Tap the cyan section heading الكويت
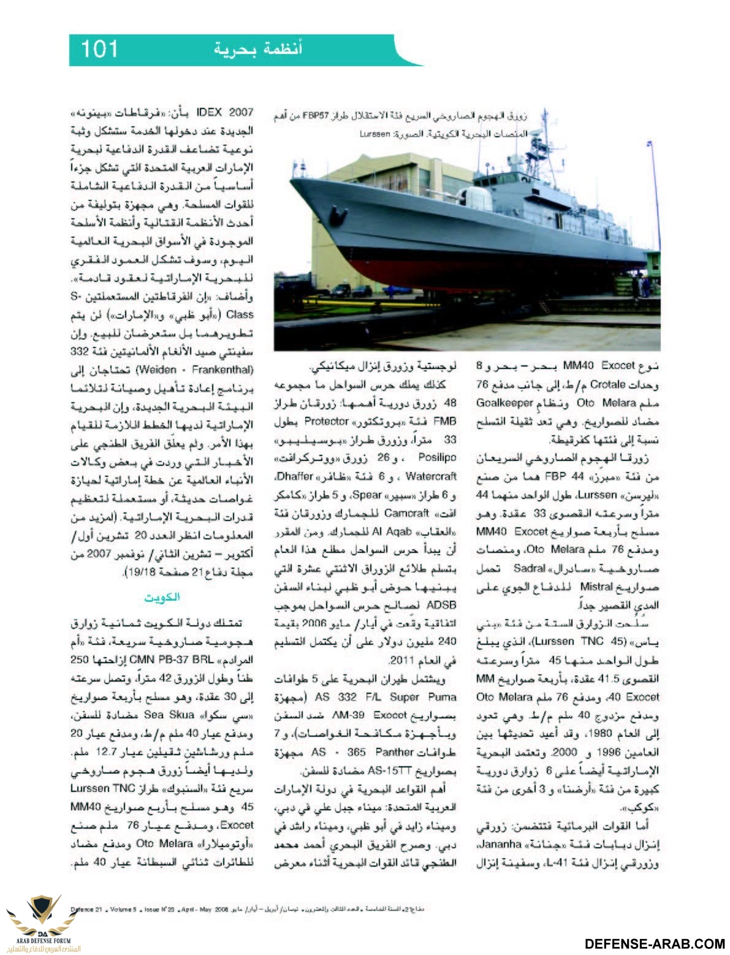[165, 597]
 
